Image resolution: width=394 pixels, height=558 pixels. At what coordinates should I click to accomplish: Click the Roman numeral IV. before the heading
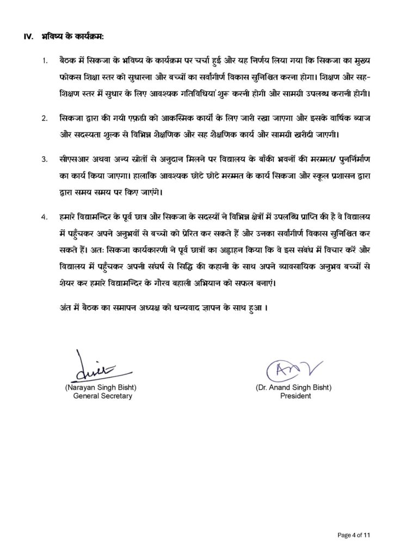pyautogui.click(x=28, y=37)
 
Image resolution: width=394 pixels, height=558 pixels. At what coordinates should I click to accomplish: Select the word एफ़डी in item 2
pyautogui.click(x=138, y=118)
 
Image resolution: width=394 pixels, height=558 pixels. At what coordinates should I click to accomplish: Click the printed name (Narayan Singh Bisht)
pyautogui.click(x=103, y=388)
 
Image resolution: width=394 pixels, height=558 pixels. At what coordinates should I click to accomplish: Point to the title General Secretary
pyautogui.click(x=103, y=396)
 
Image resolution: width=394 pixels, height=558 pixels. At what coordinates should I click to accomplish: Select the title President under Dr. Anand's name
pyautogui.click(x=296, y=396)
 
